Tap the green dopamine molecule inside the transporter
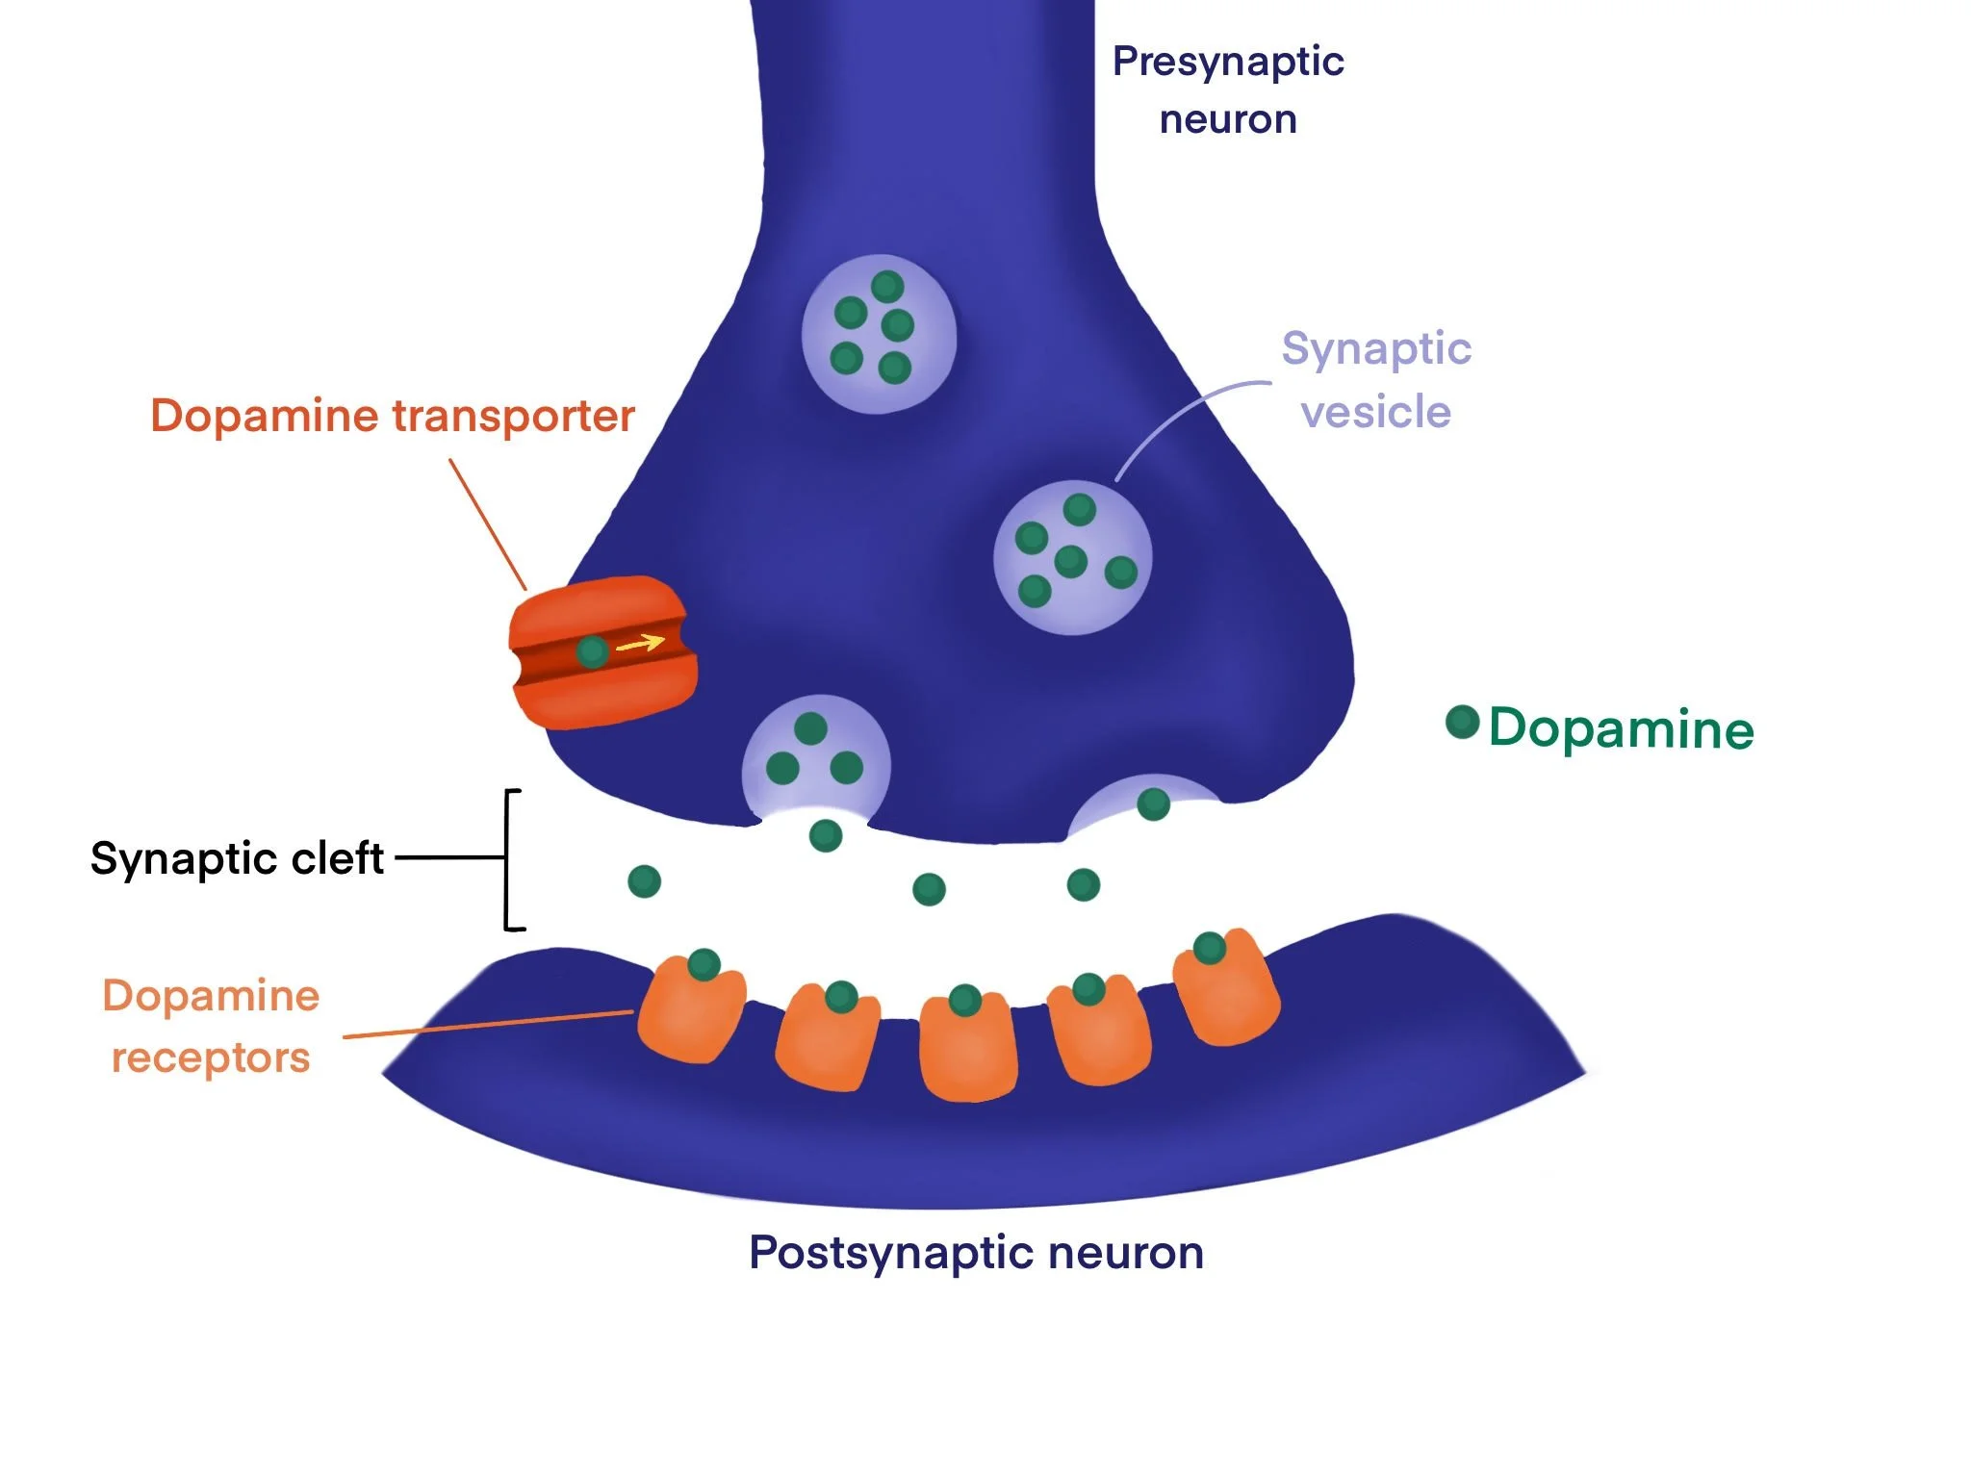coord(592,652)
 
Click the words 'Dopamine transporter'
coord(392,416)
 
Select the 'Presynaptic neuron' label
coord(1227,89)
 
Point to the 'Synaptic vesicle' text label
coord(1375,379)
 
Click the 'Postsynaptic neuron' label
coord(976,1253)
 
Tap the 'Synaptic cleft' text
coord(237,858)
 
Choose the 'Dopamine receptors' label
coord(211,1026)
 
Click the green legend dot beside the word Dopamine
coord(1462,722)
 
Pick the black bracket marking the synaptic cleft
coord(507,859)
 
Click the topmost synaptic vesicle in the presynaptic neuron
coord(879,334)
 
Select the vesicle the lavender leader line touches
coord(1072,558)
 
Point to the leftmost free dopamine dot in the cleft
coord(644,880)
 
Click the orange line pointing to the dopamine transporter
coord(488,524)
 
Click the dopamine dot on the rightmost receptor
coord(1209,948)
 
